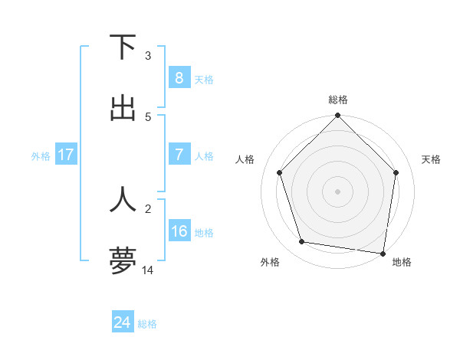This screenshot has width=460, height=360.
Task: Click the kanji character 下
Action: pos(123,47)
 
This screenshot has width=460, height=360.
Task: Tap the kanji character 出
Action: pos(123,107)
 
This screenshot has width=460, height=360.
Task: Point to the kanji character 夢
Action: pos(123,260)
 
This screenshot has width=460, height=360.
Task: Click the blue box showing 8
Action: pos(179,77)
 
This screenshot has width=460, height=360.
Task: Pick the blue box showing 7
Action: pos(179,155)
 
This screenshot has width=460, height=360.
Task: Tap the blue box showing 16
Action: pos(179,231)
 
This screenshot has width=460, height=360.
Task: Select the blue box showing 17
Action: pos(66,155)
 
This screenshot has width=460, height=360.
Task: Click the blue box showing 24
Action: pos(122,322)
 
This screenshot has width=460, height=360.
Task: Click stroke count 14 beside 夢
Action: pos(148,270)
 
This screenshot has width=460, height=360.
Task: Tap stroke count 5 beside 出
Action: pos(148,116)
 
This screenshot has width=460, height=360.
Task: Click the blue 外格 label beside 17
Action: pos(41,155)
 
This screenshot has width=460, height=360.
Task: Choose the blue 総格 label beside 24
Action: pos(147,324)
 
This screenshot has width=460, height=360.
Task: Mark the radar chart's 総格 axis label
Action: pos(337,100)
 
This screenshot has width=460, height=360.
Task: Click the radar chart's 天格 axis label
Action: pos(432,159)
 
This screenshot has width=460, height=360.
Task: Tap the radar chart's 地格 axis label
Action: pos(402,263)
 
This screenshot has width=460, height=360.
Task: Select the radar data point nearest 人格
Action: pos(280,172)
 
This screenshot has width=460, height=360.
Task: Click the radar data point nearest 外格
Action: pos(302,242)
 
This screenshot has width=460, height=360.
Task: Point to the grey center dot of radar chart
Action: pos(337,191)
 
